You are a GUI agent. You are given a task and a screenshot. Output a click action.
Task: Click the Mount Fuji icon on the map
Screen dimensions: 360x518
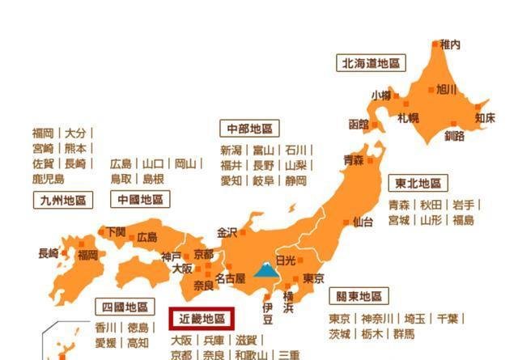pyautogui.click(x=265, y=269)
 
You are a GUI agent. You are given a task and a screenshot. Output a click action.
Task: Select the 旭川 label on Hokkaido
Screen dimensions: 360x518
pyautogui.click(x=447, y=89)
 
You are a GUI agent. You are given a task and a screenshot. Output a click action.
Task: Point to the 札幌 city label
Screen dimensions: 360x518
pyautogui.click(x=407, y=117)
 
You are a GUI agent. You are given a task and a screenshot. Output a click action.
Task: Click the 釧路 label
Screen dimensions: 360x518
pyautogui.click(x=455, y=135)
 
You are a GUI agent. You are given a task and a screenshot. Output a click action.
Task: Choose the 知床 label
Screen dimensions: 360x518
pyautogui.click(x=485, y=117)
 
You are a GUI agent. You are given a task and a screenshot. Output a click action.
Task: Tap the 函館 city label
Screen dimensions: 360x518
pyautogui.click(x=359, y=125)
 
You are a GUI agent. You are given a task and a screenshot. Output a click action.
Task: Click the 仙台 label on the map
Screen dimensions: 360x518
pyautogui.click(x=363, y=222)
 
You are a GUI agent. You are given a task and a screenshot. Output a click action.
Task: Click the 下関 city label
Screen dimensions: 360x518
pyautogui.click(x=116, y=231)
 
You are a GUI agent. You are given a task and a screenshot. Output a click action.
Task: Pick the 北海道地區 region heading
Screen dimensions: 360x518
pyautogui.click(x=372, y=62)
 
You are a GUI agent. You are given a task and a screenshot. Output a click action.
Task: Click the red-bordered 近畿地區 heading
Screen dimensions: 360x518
pyautogui.click(x=202, y=318)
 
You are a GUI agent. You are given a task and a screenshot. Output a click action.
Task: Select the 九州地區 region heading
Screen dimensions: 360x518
pyautogui.click(x=62, y=199)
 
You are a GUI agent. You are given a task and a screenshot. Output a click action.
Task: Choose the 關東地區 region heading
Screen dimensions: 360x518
pyautogui.click(x=359, y=296)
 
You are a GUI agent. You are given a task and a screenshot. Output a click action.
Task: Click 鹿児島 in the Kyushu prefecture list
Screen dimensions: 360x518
pyautogui.click(x=48, y=179)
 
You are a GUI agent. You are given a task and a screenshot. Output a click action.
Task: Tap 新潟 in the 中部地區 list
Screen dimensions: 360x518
pyautogui.click(x=231, y=150)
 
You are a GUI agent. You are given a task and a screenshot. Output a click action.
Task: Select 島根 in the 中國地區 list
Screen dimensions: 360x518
pyautogui.click(x=152, y=179)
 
